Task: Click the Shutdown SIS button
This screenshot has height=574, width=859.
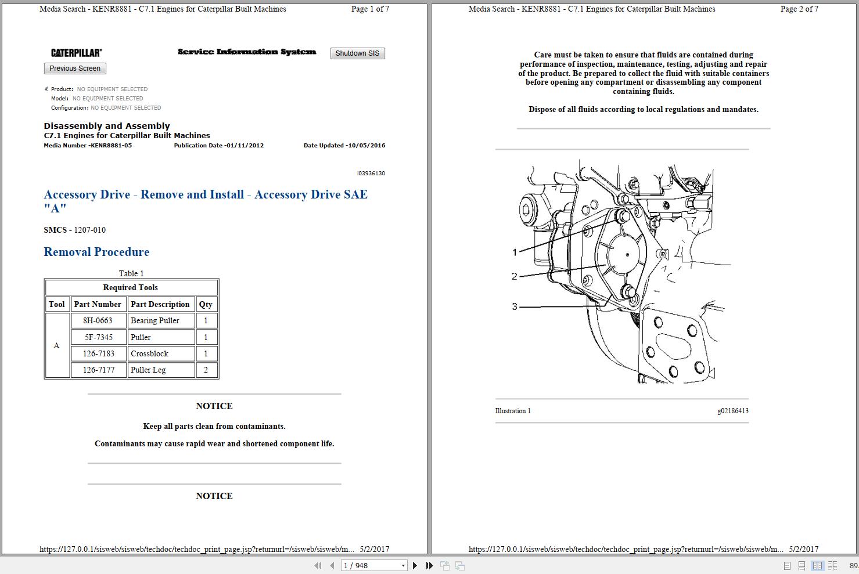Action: coord(357,53)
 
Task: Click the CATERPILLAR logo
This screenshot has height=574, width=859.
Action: coord(76,53)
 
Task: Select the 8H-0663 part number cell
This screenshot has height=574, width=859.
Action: coord(98,320)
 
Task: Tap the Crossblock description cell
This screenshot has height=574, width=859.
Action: coord(161,353)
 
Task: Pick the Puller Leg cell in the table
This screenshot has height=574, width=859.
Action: coord(161,370)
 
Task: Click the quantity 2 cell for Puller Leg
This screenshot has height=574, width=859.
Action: coord(206,370)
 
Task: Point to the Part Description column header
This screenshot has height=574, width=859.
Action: coord(160,304)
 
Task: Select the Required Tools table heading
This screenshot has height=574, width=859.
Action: coord(131,287)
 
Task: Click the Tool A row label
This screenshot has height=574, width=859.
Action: coord(57,345)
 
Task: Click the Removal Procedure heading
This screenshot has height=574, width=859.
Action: coord(96,252)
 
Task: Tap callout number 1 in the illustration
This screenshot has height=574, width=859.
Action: coord(515,252)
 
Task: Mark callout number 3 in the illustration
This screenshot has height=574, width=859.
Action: coord(515,306)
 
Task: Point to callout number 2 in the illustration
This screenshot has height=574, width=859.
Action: coord(515,276)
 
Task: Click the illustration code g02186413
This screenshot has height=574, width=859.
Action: coord(732,411)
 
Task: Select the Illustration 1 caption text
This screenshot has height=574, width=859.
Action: coord(513,411)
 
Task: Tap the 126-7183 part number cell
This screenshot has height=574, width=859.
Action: coord(98,353)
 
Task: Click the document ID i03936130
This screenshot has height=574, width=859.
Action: coord(371,174)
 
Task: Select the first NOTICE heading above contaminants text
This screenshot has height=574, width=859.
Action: coord(214,406)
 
